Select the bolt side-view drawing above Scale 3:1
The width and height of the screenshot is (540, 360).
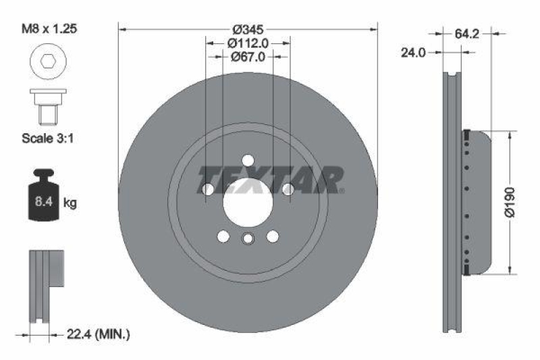click(45, 106)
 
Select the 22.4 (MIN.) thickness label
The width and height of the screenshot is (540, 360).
click(99, 334)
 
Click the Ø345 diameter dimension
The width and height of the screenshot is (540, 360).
click(247, 30)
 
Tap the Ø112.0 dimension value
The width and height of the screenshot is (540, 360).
click(247, 43)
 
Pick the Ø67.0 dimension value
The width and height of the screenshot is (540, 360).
click(247, 57)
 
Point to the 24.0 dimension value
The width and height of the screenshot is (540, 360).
click(413, 53)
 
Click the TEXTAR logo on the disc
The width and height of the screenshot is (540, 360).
click(271, 180)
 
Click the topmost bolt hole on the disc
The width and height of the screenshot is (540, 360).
click(248, 161)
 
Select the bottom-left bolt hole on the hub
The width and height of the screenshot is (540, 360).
click(222, 236)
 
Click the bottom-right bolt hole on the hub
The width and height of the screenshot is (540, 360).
click(273, 236)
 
